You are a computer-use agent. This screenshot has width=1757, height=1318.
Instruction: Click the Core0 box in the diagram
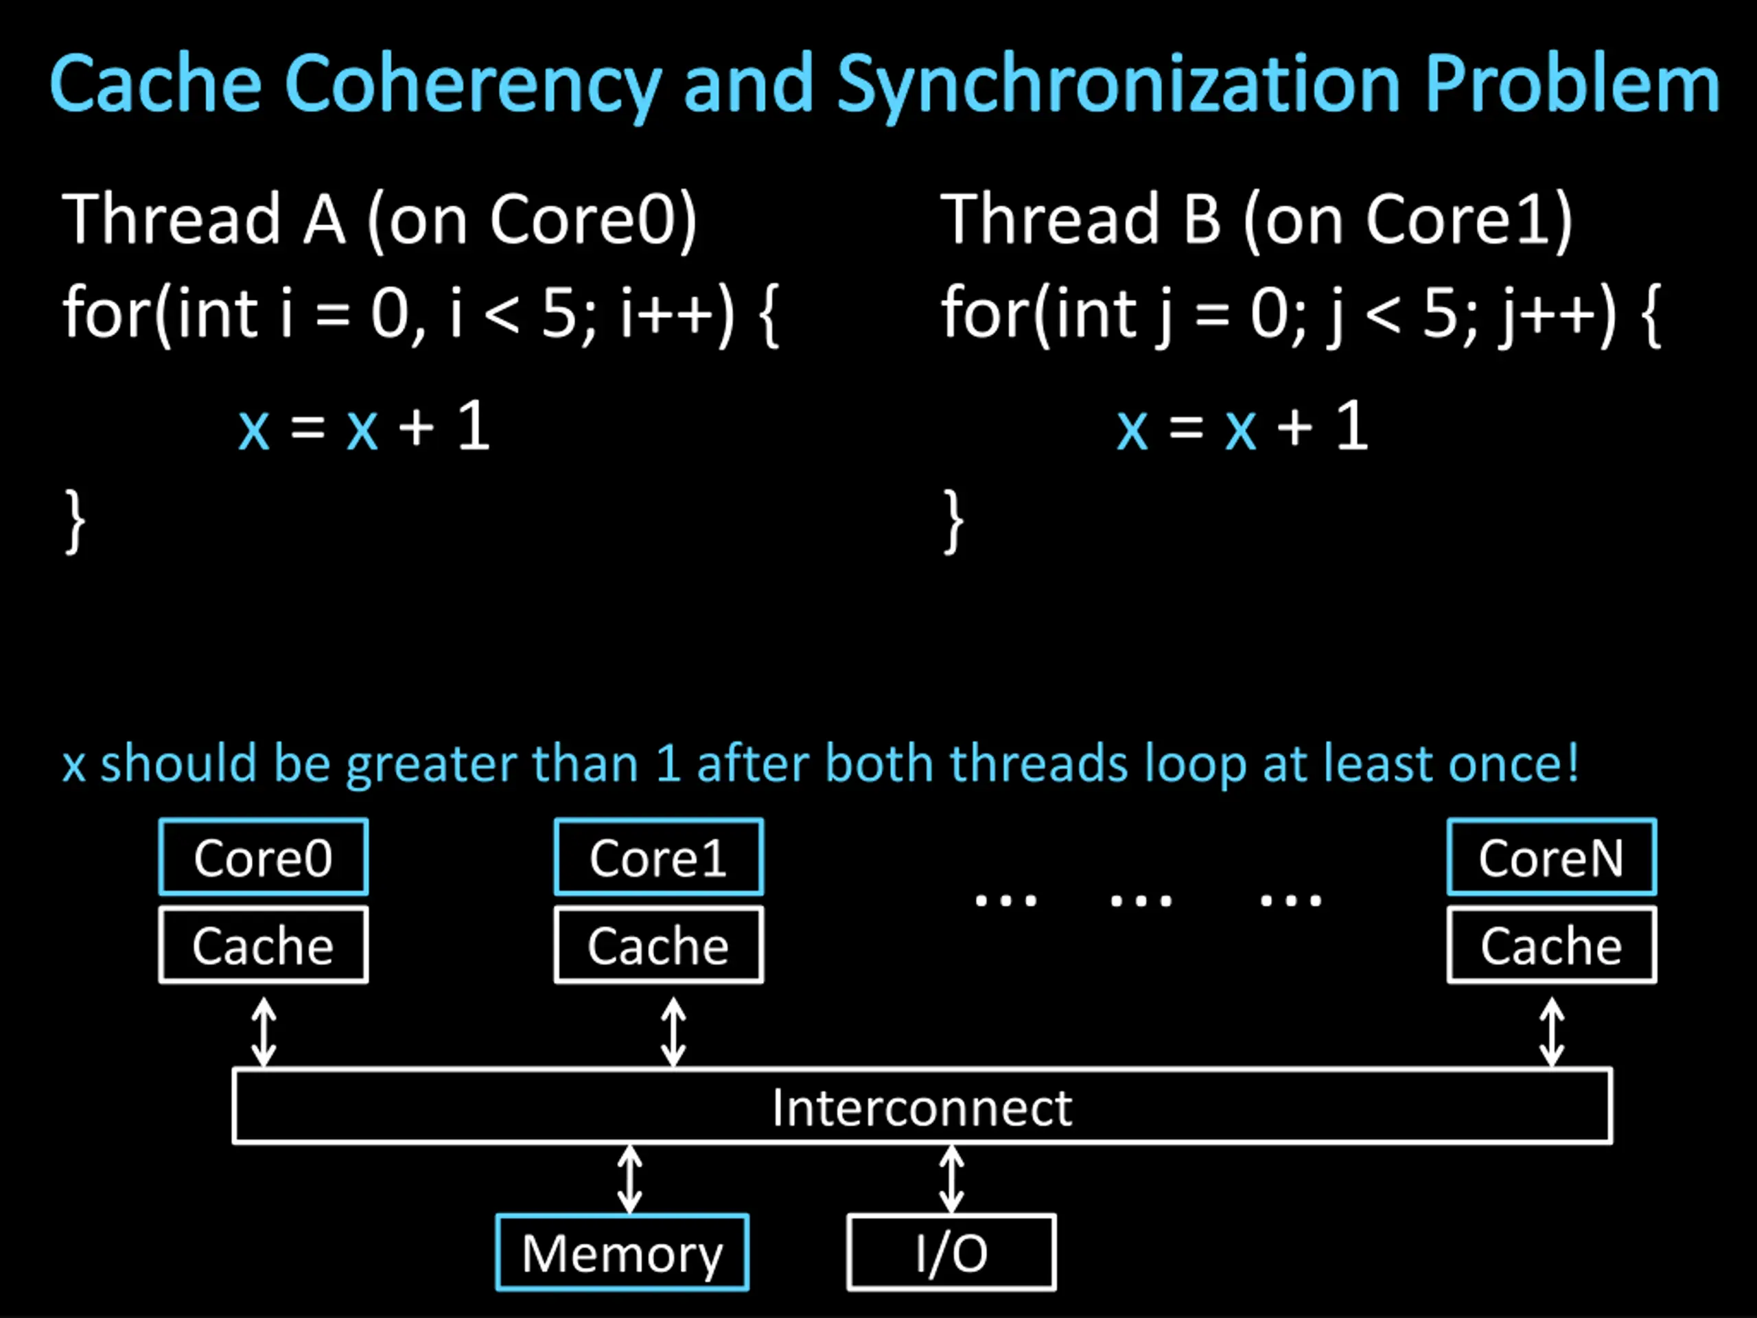pyautogui.click(x=263, y=857)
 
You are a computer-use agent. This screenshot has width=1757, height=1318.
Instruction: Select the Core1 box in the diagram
pyautogui.click(x=658, y=857)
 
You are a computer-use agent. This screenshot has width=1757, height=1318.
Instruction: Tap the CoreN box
pyautogui.click(x=1551, y=857)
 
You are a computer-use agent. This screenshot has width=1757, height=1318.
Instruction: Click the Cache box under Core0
pyautogui.click(x=263, y=945)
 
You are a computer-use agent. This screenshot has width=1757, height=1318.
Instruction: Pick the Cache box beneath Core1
pyautogui.click(x=658, y=945)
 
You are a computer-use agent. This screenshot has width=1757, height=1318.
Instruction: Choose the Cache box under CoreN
pyautogui.click(x=1551, y=945)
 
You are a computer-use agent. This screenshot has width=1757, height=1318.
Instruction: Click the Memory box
pyautogui.click(x=622, y=1253)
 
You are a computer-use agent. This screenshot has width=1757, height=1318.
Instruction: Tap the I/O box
pyautogui.click(x=951, y=1253)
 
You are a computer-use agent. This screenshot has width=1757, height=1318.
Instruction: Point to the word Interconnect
pyautogui.click(x=922, y=1107)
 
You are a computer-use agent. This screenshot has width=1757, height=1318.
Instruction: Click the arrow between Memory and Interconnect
pyautogui.click(x=630, y=1179)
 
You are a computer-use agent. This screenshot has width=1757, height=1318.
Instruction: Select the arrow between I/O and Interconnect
pyautogui.click(x=951, y=1179)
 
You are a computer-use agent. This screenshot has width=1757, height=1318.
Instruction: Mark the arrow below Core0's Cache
pyautogui.click(x=264, y=1032)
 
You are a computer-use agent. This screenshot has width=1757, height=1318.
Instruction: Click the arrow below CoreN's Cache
pyautogui.click(x=1551, y=1032)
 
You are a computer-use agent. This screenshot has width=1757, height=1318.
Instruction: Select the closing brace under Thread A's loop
pyautogui.click(x=75, y=521)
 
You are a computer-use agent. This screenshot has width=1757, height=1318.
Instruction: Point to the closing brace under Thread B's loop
pyautogui.click(x=953, y=521)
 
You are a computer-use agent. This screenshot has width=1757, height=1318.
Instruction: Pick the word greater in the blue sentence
pyautogui.click(x=432, y=764)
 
